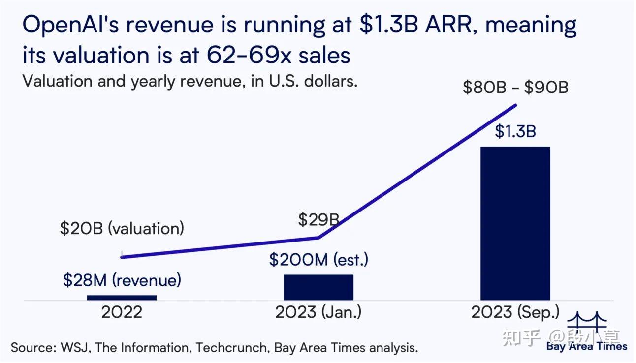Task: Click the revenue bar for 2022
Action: coord(122,297)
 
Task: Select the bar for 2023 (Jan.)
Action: coord(318,287)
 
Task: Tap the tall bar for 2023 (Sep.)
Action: coord(515,223)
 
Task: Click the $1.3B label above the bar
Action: coord(515,132)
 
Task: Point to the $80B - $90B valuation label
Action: coord(515,88)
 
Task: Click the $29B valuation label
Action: coord(318,219)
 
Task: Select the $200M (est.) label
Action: coord(318,259)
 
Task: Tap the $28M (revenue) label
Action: coord(122,280)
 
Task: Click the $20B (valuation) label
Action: coord(122,228)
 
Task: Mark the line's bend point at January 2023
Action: coord(318,238)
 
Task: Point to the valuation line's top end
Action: coord(516,105)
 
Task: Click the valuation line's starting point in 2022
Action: coord(122,257)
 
